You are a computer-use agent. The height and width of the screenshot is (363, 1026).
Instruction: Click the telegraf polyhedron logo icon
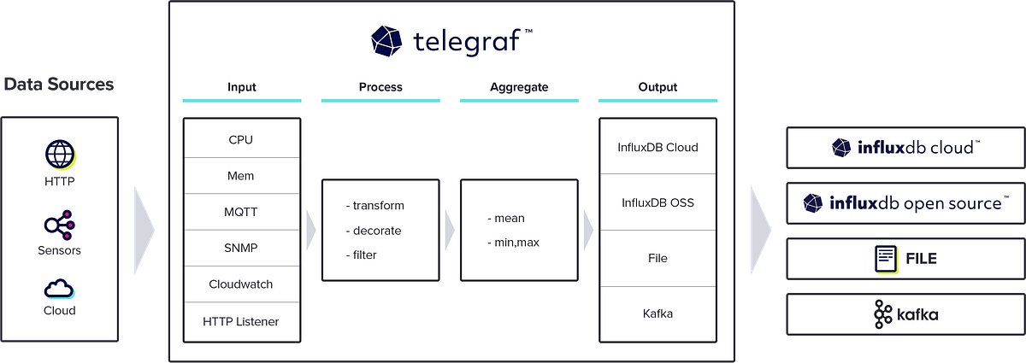click(x=386, y=40)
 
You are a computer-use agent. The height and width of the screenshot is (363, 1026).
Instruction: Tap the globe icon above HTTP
click(x=60, y=156)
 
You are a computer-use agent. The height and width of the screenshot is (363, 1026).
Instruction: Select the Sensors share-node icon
click(x=60, y=225)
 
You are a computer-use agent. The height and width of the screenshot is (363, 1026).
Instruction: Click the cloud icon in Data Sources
click(x=60, y=288)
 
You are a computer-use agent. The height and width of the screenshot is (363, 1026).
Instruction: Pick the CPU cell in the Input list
click(x=241, y=139)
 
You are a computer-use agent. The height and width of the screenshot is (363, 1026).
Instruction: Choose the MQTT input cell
click(x=241, y=211)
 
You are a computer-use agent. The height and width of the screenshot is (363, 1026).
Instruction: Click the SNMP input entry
click(x=241, y=248)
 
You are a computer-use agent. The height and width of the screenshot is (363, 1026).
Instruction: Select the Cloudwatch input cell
click(x=241, y=284)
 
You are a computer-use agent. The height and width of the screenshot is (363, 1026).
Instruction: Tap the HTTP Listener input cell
click(x=241, y=322)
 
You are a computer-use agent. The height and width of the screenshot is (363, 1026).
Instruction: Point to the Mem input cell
click(x=241, y=176)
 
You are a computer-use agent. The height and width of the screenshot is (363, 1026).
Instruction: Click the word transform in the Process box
click(x=378, y=206)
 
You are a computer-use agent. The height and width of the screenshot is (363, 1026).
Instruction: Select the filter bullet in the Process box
click(x=364, y=255)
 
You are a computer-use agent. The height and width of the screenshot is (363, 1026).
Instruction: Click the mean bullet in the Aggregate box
click(x=508, y=218)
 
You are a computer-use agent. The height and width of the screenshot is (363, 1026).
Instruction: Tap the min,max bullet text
click(x=516, y=243)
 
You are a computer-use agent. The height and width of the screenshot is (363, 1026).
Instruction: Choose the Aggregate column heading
click(x=519, y=87)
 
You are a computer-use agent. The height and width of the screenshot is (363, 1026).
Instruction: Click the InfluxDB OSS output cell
click(x=657, y=202)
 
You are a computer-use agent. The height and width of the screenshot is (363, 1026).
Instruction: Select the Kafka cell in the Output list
click(x=657, y=313)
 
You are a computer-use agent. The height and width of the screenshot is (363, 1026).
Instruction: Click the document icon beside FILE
click(x=885, y=258)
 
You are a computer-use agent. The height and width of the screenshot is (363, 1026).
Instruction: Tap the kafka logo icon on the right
click(x=882, y=315)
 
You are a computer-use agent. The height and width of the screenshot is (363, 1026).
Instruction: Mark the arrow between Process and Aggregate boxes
click(x=449, y=229)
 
